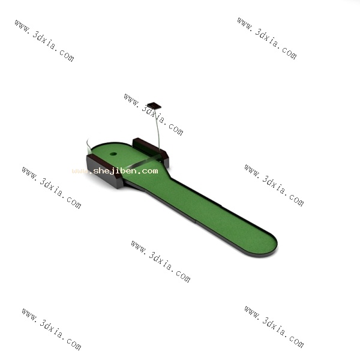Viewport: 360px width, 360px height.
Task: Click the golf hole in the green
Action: [113, 154]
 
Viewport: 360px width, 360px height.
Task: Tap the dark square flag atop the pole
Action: [154, 106]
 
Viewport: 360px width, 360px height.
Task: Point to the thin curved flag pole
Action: [157, 128]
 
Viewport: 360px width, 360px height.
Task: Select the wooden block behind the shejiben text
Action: [104, 170]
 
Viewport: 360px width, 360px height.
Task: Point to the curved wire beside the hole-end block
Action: [88, 146]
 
